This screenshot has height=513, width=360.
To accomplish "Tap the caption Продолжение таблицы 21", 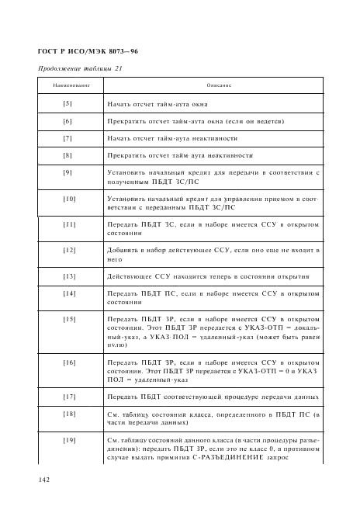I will tap(80, 70).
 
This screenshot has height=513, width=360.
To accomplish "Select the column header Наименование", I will tap(67, 85).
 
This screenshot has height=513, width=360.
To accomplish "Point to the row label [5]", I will tap(67, 103).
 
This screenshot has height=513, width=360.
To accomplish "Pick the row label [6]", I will tap(67, 121).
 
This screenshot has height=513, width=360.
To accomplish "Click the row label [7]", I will tap(67, 138).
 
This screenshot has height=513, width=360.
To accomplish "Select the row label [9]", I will tap(67, 172).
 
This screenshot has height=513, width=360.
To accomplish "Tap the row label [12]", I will tap(67, 250).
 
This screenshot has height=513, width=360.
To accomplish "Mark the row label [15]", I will tap(67, 318).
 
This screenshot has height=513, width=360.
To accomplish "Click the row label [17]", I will tap(67, 397).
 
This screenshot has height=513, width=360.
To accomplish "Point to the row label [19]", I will tap(67, 440).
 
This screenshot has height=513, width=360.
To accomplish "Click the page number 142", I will tap(45, 480).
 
